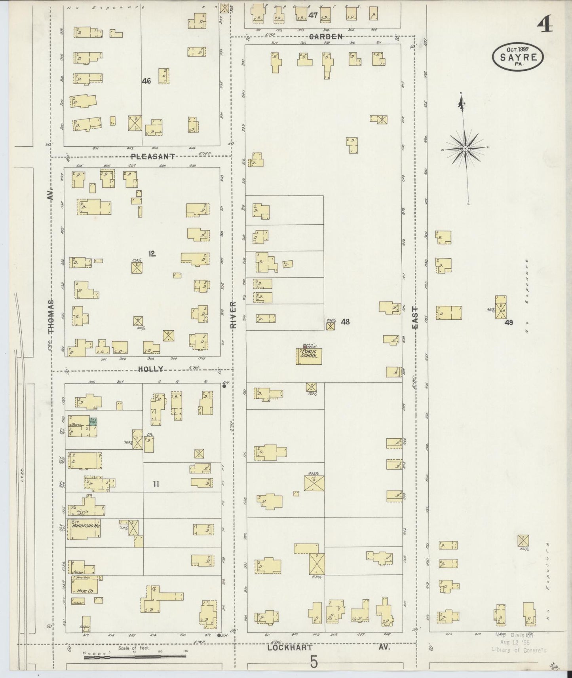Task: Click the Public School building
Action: pos(309,356)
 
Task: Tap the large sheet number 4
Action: pos(545,26)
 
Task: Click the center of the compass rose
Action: pos(466,149)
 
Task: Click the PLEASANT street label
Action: pos(152,157)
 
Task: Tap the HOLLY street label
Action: pos(150,369)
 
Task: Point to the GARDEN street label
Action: pos(325,36)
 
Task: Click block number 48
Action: pos(345,322)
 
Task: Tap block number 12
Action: pos(152,254)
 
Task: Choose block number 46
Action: pos(146,81)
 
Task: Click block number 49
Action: pos(509,322)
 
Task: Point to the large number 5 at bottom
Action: pos(314,662)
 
